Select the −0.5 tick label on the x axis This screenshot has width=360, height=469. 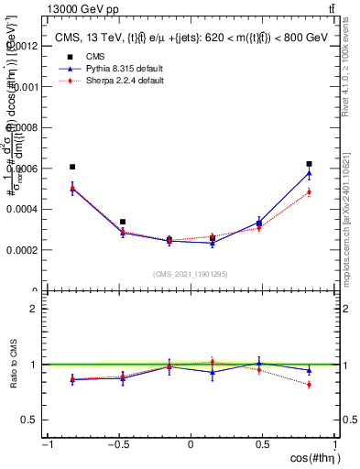[x=118, y=444]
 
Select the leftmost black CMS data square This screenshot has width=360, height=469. [x=72, y=167]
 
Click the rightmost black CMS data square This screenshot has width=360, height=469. [x=309, y=164]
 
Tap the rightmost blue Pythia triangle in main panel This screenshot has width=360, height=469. [x=309, y=172]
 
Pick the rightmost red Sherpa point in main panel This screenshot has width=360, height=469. [x=309, y=191]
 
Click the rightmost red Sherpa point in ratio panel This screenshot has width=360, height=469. [x=309, y=385]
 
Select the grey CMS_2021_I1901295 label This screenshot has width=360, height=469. [x=190, y=274]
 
